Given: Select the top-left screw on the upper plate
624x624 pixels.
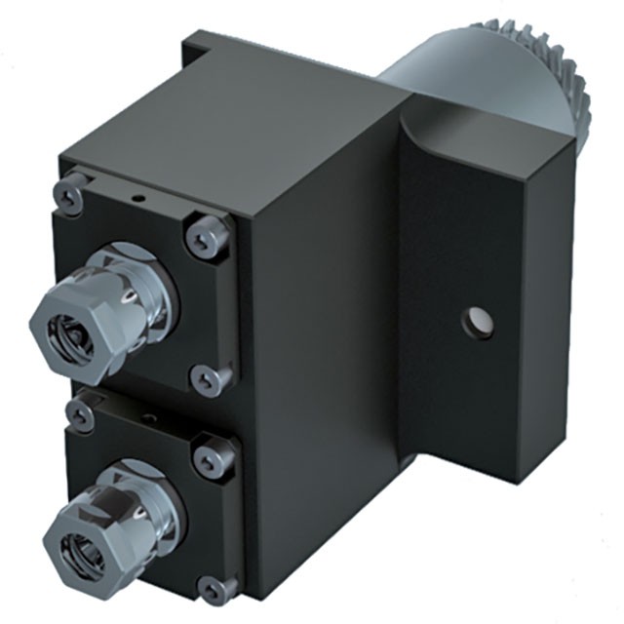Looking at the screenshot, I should click(x=67, y=194).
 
